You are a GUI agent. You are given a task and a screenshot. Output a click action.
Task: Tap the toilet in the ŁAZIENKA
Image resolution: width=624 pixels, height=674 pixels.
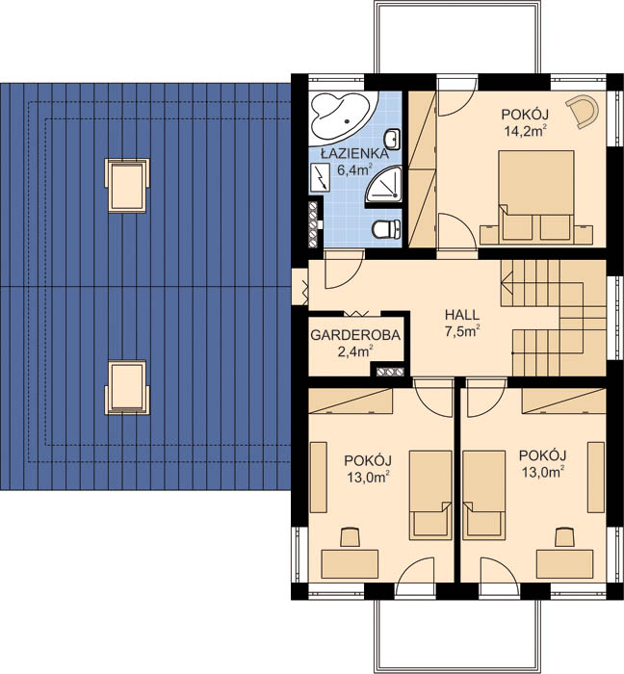point(386,229)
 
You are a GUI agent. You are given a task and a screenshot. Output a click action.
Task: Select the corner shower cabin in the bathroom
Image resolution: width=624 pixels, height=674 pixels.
point(384,184)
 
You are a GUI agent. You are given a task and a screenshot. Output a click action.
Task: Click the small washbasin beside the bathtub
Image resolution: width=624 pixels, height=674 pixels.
point(393,140)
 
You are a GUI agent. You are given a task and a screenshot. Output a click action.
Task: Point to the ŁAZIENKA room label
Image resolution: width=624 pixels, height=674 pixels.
point(354,153)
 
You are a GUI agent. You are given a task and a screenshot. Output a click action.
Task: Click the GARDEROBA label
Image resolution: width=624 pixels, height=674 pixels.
point(355,335)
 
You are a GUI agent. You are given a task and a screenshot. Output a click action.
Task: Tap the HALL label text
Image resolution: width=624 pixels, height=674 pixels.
point(462,315)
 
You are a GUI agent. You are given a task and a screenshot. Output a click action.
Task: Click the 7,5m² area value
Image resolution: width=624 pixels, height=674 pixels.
point(462,332)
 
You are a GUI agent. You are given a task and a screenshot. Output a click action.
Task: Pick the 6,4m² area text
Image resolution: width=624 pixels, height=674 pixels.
point(354,169)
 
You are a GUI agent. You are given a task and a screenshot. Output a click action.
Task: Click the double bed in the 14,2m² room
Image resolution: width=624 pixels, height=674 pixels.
point(536,195)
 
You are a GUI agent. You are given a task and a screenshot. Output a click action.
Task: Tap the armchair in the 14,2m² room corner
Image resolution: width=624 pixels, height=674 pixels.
point(583,112)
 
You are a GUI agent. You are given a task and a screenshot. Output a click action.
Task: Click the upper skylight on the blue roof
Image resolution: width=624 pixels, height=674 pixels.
point(127,185)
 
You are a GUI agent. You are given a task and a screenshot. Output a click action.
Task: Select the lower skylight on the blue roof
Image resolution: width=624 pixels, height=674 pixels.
point(127,387)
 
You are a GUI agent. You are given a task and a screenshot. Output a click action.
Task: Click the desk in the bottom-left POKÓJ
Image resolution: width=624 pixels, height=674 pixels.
point(350,564)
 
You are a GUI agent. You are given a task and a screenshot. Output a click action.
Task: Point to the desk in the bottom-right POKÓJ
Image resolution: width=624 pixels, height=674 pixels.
point(564,564)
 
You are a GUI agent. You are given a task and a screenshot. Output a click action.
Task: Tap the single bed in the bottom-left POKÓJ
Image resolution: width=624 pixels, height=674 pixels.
point(430,495)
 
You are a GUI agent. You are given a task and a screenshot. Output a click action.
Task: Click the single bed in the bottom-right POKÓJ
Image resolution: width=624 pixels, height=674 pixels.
point(484,495)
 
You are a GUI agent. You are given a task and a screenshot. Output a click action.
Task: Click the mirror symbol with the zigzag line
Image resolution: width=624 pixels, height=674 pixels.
point(319,177)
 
